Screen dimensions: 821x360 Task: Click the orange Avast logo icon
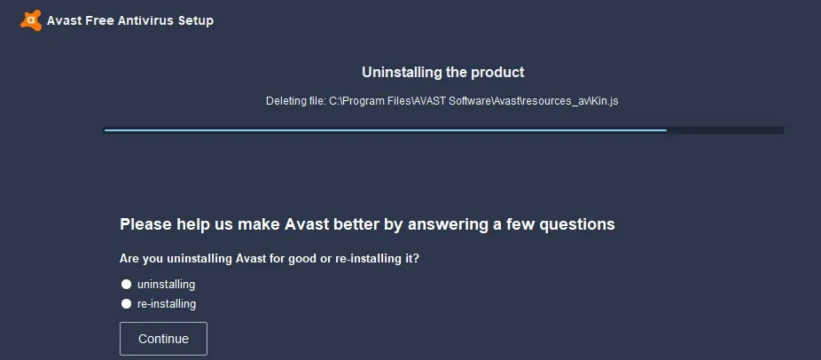click(x=31, y=20)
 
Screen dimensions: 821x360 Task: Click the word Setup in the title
click(x=196, y=21)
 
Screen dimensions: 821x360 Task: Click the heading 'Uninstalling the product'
click(x=443, y=73)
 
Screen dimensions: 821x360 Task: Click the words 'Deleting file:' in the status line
click(x=296, y=101)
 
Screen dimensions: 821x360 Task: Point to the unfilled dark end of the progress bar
click(x=725, y=130)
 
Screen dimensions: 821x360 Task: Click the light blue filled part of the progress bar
click(x=386, y=130)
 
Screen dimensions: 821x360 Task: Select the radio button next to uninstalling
click(x=126, y=285)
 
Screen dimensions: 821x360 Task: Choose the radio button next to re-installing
click(x=126, y=304)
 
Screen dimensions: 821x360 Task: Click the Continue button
click(x=163, y=339)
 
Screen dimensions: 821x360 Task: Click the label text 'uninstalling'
click(x=166, y=285)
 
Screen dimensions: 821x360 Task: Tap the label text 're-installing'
click(x=167, y=304)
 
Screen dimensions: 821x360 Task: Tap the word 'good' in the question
click(x=301, y=259)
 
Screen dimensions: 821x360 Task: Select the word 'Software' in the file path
click(x=469, y=101)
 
